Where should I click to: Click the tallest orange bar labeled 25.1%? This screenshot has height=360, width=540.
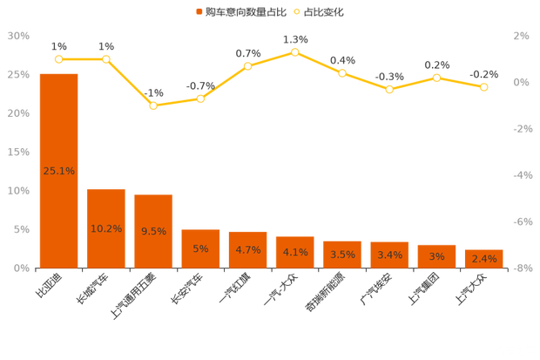58,170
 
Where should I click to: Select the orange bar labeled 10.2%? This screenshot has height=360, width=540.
106,228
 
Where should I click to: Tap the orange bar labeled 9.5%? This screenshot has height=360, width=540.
153,230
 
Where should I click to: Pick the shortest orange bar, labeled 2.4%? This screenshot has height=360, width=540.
483,258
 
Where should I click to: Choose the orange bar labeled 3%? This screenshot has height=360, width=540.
436,255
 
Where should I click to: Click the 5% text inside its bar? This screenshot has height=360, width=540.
200,249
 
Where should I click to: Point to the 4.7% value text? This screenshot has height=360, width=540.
248,250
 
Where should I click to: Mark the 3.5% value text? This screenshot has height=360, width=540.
342,255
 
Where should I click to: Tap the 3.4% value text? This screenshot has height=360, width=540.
389,255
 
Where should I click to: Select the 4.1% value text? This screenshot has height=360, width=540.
295,252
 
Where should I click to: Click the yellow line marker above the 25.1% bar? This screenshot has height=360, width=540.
58,59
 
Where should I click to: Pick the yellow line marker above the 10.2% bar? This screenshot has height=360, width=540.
106,59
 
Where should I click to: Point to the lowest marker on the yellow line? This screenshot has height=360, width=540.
153,106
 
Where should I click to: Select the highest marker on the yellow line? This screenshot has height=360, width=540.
295,52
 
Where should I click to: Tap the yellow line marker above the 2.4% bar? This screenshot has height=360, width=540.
483,87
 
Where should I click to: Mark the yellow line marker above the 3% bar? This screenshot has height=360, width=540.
436,78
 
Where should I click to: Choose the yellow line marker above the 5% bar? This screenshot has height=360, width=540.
200,98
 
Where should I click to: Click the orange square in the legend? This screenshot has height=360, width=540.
199,12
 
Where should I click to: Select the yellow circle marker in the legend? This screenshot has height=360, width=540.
297,12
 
